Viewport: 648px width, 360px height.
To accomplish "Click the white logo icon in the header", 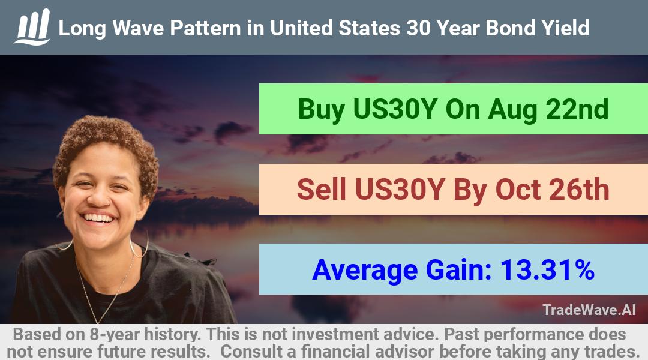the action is (x=32, y=27).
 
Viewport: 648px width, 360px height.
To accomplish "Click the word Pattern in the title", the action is (x=205, y=29).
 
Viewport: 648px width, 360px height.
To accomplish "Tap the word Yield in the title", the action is (x=566, y=28).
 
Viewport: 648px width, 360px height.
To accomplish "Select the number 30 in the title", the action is (x=419, y=28).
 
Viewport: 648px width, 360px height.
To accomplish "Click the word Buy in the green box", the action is (x=322, y=110).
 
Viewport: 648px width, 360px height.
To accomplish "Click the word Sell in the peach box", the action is (x=322, y=189).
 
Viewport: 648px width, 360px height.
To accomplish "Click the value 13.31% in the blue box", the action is (x=547, y=269).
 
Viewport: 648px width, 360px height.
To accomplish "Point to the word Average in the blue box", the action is (x=365, y=271).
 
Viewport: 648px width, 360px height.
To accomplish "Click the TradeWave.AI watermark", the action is (x=589, y=310).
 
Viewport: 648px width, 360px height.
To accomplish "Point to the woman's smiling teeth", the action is (x=98, y=217).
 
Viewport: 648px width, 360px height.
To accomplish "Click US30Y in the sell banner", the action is (x=400, y=190).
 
